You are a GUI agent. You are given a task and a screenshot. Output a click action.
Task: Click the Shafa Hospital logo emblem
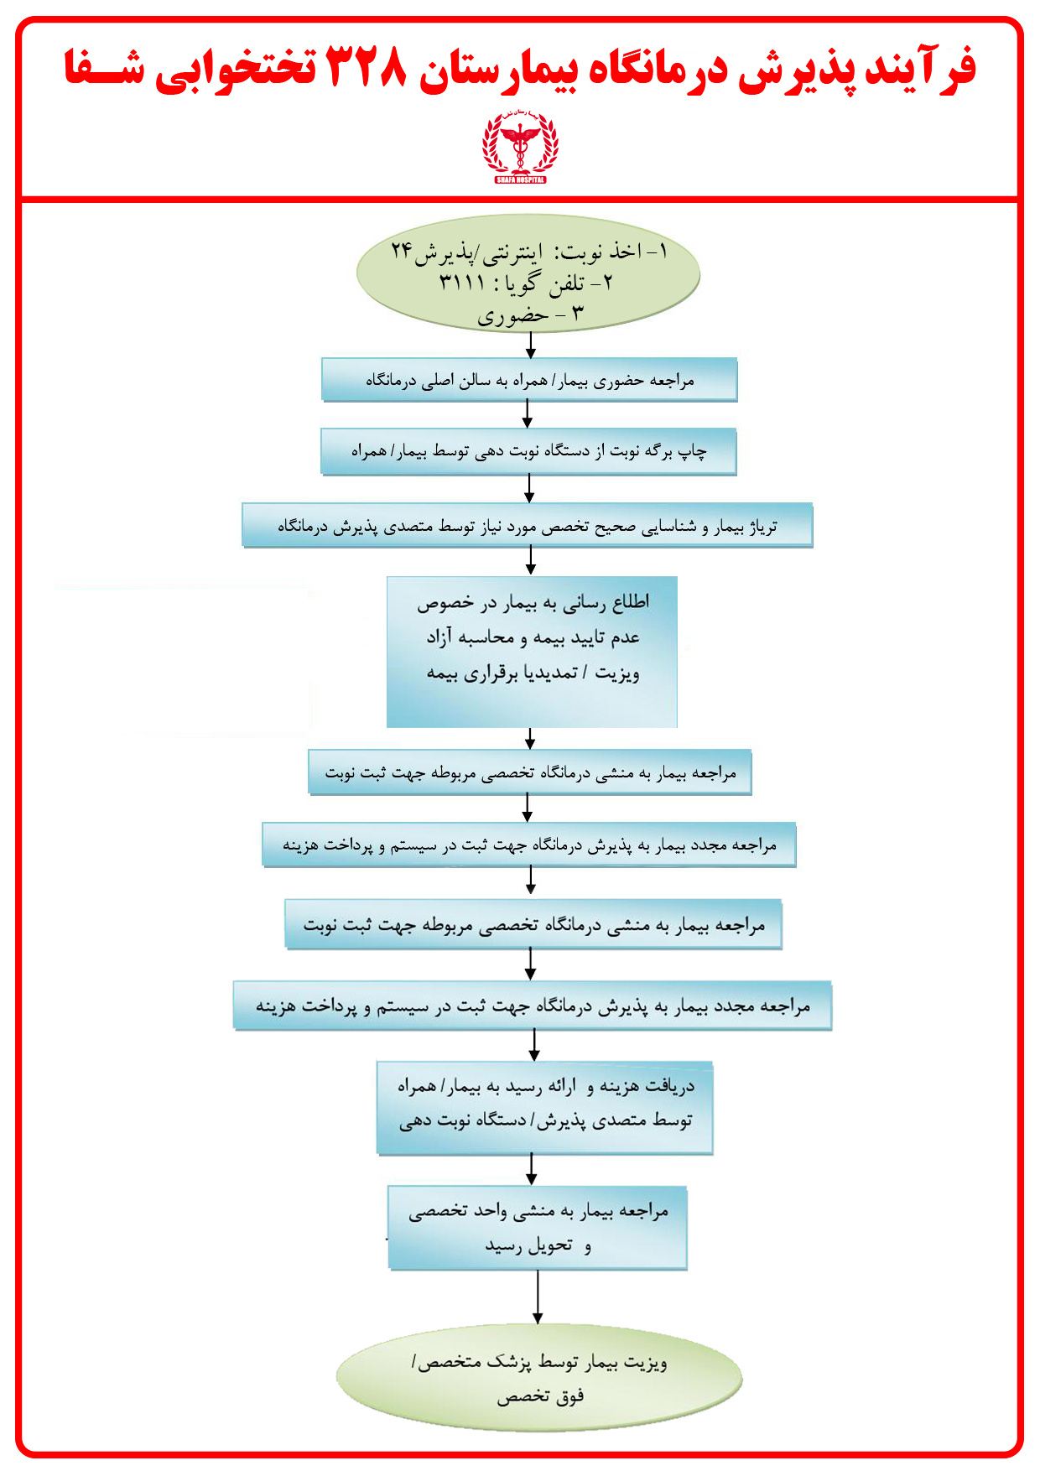[x=520, y=148]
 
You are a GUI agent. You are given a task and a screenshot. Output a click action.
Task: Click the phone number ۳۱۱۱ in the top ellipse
[x=463, y=283]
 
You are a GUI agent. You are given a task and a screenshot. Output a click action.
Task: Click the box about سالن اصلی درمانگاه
[x=529, y=380]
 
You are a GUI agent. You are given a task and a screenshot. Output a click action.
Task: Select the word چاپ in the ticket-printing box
[x=692, y=450]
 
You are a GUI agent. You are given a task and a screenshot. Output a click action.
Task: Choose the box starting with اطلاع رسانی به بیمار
[x=532, y=652]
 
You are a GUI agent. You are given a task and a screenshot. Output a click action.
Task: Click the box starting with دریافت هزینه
[x=545, y=1107]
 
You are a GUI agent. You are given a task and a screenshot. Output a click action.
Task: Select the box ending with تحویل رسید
[x=538, y=1227]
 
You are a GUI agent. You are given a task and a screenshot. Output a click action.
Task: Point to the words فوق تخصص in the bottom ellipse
[x=541, y=1396]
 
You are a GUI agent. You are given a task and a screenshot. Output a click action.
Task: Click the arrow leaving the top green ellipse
[x=530, y=344]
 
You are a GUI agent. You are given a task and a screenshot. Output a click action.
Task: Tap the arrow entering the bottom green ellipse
[x=538, y=1297]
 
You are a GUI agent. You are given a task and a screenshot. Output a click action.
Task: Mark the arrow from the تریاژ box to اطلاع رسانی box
[x=530, y=560]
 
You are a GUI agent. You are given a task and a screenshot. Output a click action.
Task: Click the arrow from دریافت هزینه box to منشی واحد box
[x=531, y=1169]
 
